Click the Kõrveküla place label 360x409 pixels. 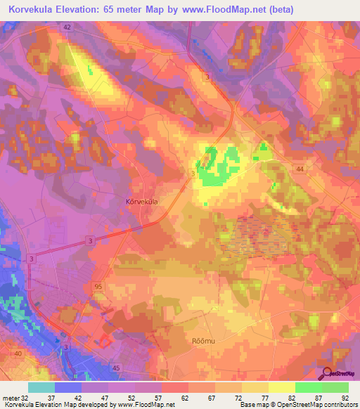coord(141,201)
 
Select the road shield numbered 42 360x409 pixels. coord(67,27)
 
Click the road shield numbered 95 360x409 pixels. coord(98,286)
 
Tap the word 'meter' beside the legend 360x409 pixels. coord(11,397)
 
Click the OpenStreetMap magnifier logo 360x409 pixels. coord(327,372)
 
